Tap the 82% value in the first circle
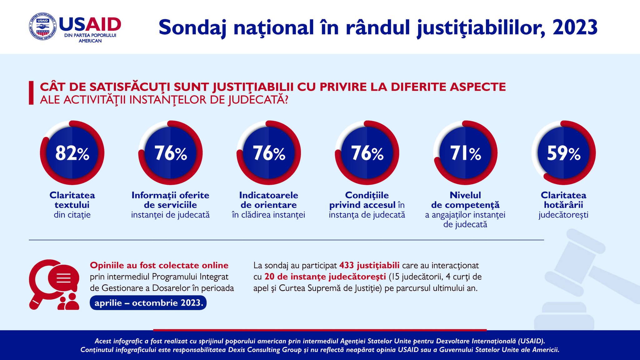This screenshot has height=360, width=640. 72,153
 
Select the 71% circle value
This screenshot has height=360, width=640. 465,153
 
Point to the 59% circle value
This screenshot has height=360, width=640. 563,153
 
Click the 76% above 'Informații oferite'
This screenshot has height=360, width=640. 171,153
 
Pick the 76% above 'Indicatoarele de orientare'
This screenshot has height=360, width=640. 269,153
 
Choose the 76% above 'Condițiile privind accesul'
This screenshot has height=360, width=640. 367,153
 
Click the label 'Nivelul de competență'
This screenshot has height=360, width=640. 465,200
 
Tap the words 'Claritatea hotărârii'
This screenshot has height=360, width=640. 563,200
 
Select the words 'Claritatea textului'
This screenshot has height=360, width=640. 72,200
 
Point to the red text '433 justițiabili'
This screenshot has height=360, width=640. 369,266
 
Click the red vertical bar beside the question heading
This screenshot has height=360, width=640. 31,93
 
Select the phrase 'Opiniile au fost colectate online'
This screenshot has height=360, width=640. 159,265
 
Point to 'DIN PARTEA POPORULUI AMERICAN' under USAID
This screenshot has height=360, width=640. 90,38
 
